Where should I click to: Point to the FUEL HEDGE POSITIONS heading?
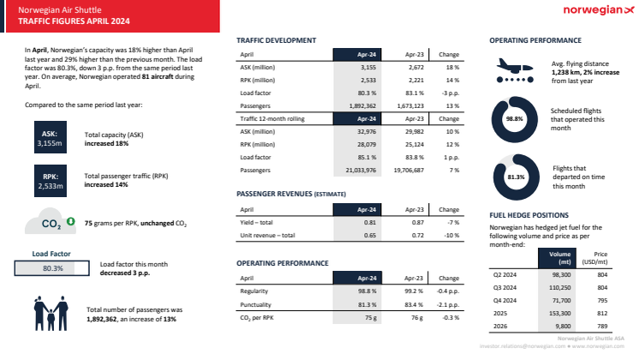529,215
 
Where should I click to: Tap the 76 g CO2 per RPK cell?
416,317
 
